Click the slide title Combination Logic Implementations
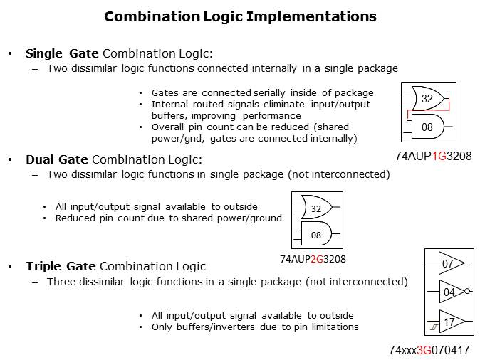(240, 16)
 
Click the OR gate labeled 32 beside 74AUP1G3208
(427, 100)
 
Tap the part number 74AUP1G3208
(434, 155)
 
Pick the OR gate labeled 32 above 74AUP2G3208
(315, 208)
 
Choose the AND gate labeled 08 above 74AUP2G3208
(315, 234)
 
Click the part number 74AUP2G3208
(313, 260)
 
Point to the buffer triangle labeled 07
(449, 264)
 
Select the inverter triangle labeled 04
(449, 292)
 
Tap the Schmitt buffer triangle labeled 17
(449, 322)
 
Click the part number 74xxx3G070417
(429, 351)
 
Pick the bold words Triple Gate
(61, 266)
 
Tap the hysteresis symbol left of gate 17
(432, 327)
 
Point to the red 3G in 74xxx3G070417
(425, 351)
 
